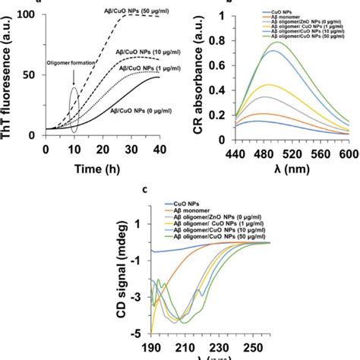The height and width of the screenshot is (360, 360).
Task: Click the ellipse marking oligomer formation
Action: [x=74, y=99]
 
